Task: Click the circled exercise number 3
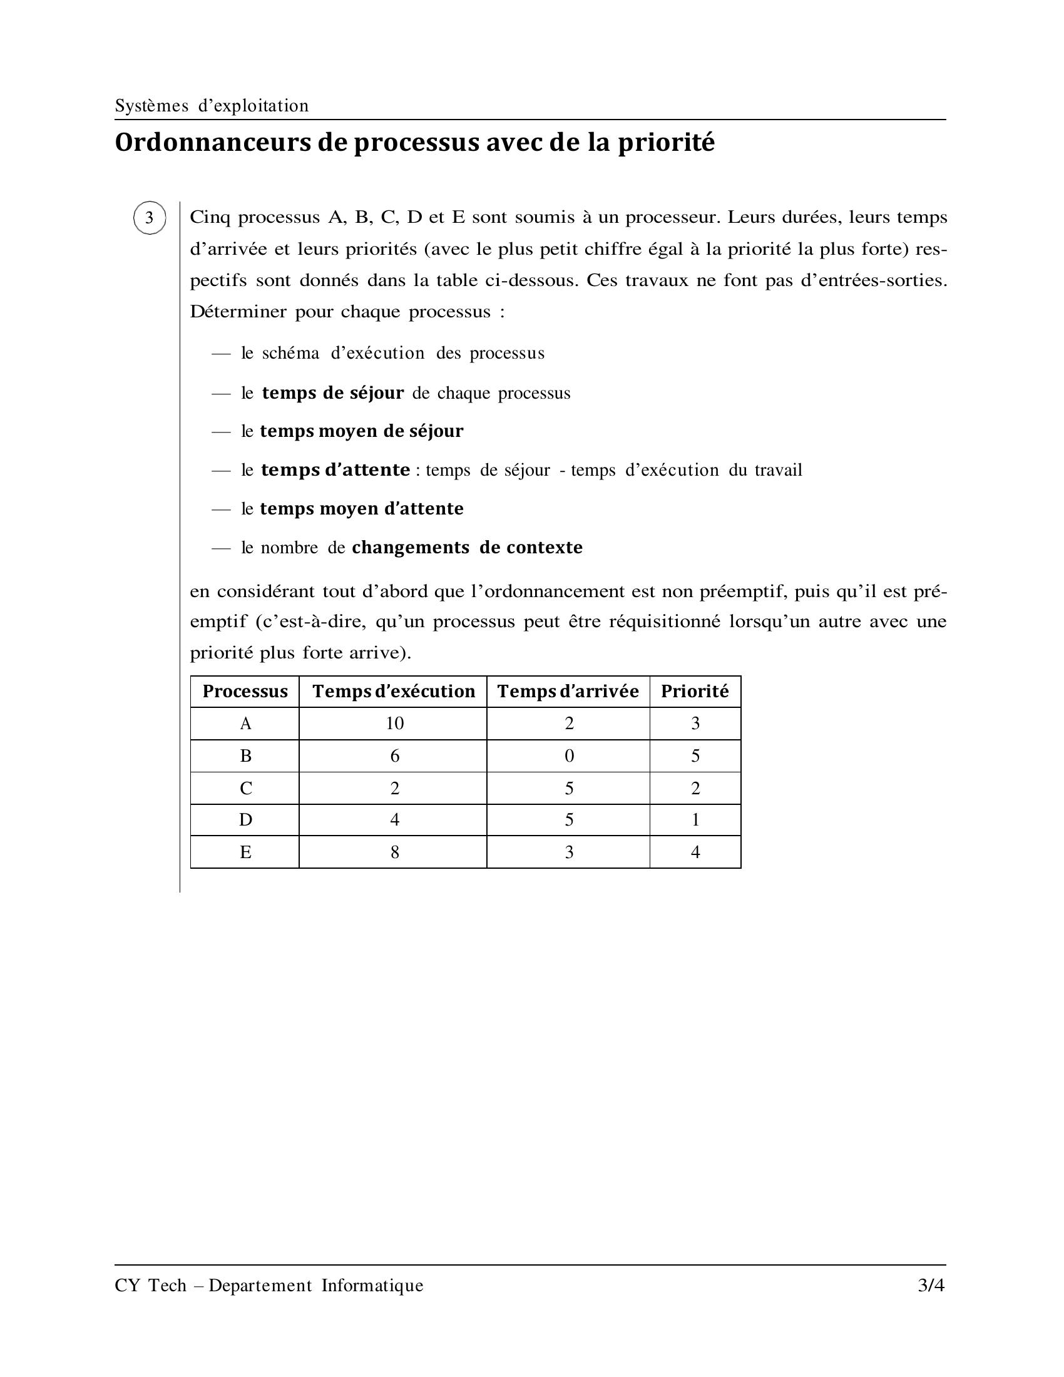[x=150, y=218]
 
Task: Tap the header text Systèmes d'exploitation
[x=212, y=105]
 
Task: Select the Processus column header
[x=245, y=692]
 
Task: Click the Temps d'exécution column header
[x=393, y=692]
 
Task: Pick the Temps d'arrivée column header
[x=568, y=692]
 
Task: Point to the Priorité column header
[x=695, y=692]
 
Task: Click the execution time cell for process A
[x=394, y=724]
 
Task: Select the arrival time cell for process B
[x=568, y=756]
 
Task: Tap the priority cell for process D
[x=695, y=820]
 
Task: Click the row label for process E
[x=245, y=852]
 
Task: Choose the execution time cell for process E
[x=394, y=852]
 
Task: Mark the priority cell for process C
[x=695, y=788]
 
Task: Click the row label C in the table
[x=245, y=788]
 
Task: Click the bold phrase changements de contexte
[x=467, y=547]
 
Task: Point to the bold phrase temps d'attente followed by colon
[x=335, y=470]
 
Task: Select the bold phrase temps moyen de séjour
[x=361, y=431]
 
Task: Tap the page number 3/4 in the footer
[x=931, y=1285]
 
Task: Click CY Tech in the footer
[x=150, y=1285]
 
